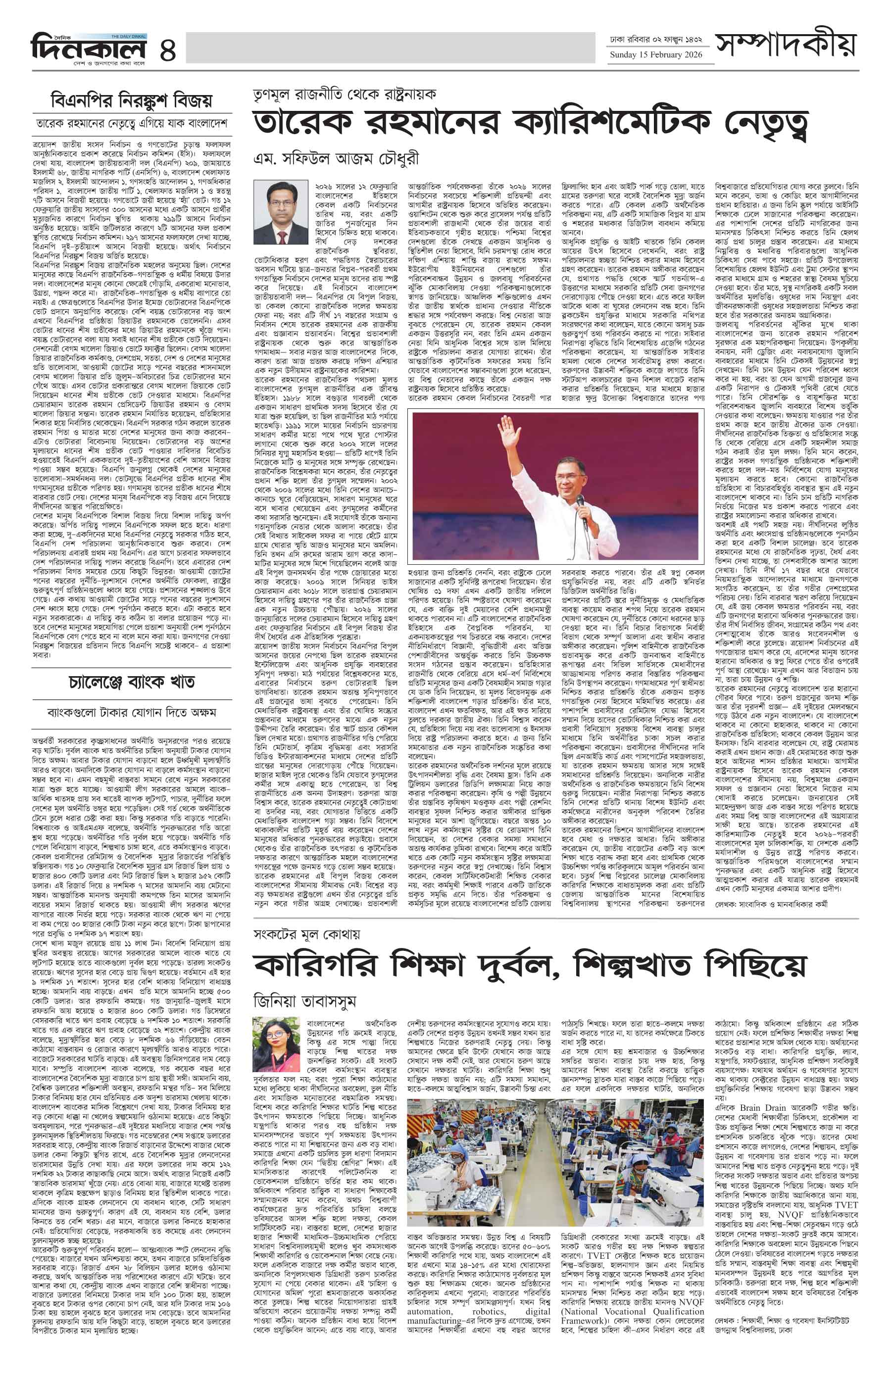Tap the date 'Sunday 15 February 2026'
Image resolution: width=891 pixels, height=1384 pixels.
(x=655, y=55)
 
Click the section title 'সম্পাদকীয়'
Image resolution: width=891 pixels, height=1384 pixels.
(x=785, y=47)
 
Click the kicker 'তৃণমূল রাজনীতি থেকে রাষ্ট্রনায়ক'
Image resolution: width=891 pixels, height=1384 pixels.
(x=344, y=94)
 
